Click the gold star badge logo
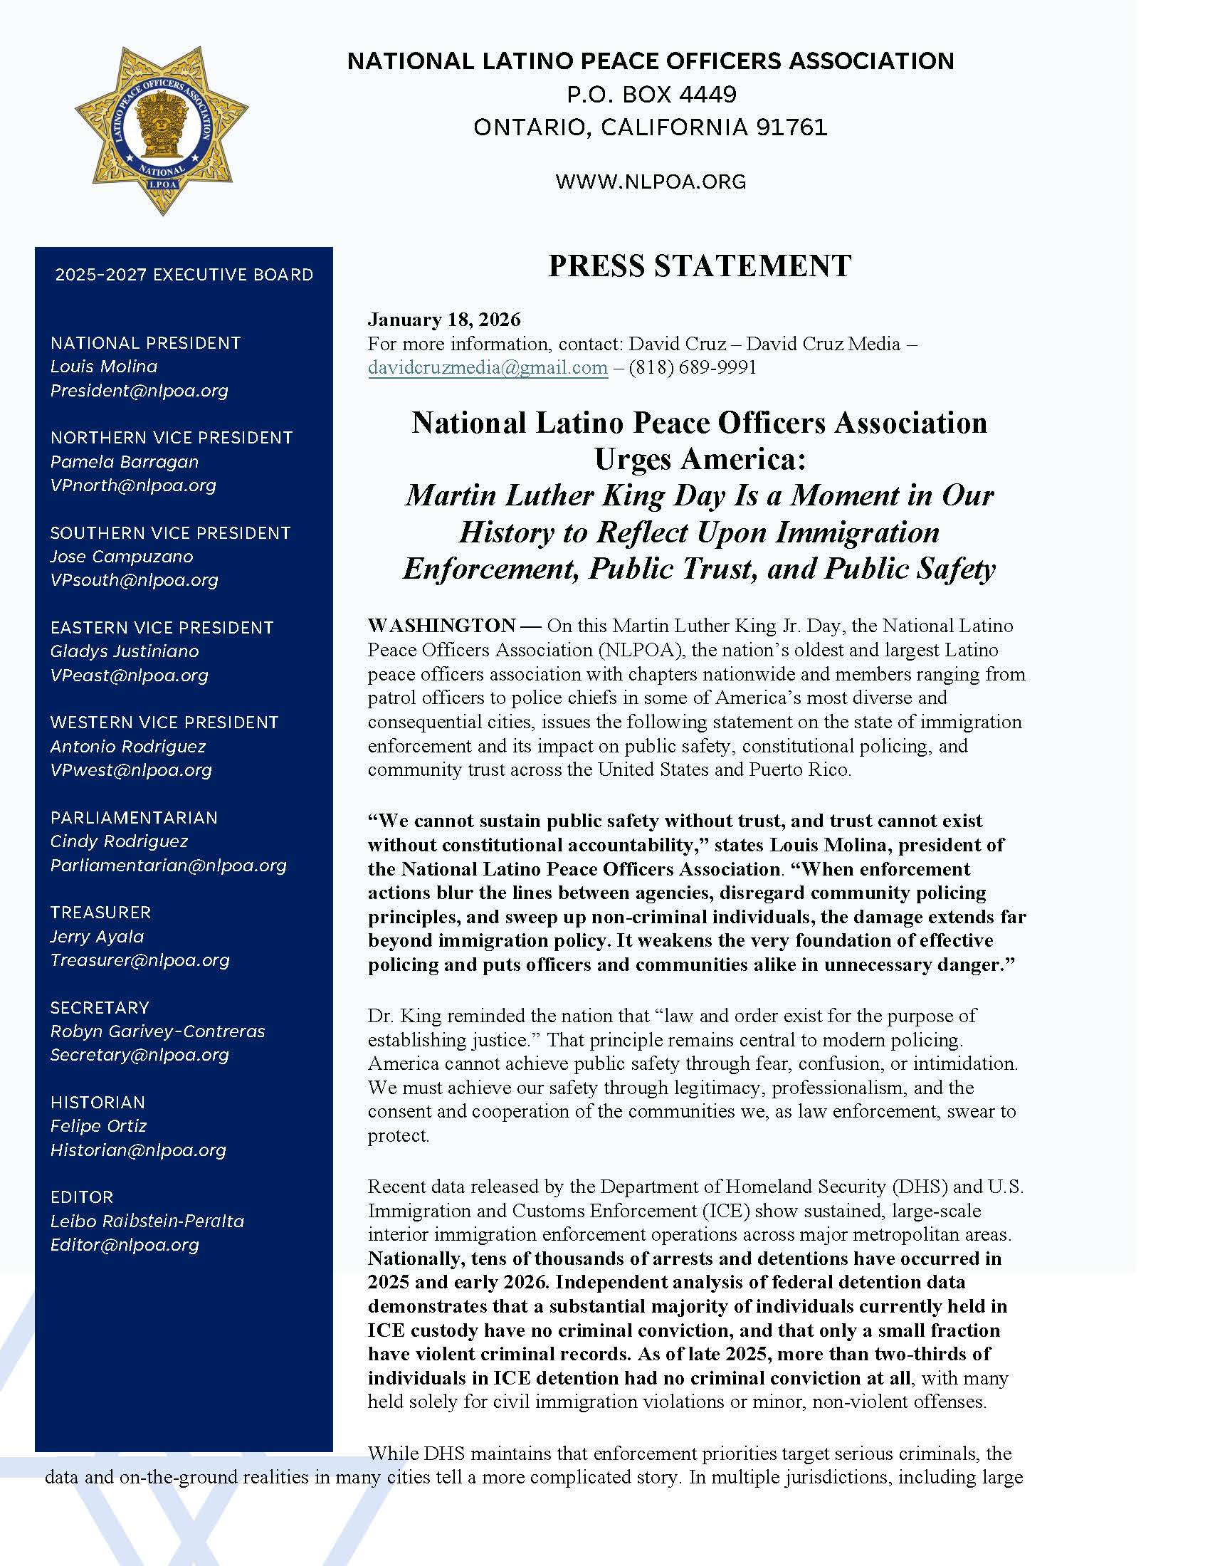[x=162, y=130]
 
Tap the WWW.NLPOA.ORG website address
[x=650, y=182]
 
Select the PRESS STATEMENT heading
[x=700, y=266]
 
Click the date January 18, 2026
[x=443, y=319]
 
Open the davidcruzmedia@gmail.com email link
[x=488, y=368]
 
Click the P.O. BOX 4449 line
[x=651, y=94]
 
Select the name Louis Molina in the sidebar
[x=104, y=367]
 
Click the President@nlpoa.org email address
[x=139, y=391]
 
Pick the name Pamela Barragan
[x=125, y=462]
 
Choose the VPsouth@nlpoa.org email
[x=134, y=580]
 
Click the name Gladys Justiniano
[x=125, y=651]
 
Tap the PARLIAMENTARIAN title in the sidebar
[x=134, y=817]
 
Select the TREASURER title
[x=101, y=912]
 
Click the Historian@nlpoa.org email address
[x=138, y=1150]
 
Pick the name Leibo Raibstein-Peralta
[x=147, y=1221]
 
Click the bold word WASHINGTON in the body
[x=441, y=625]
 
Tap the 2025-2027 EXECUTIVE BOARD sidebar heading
[x=184, y=275]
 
